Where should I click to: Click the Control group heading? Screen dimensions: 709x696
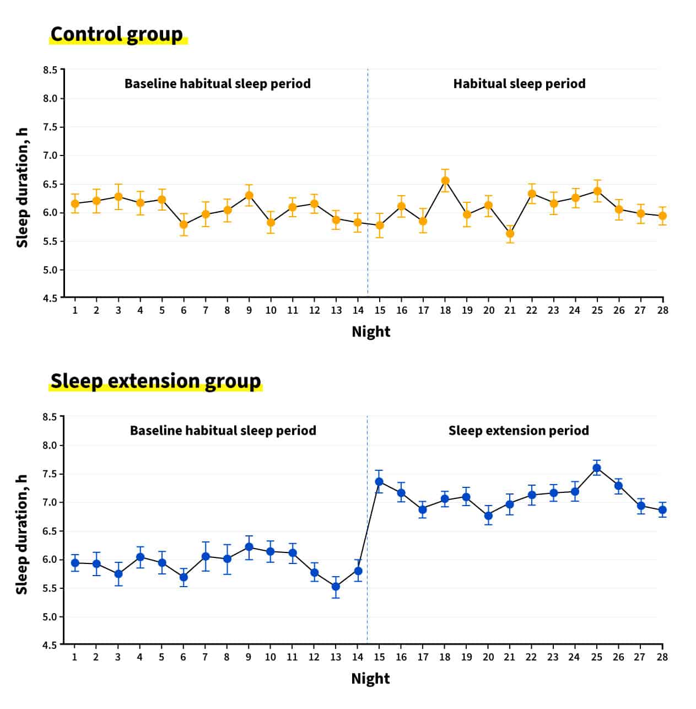pos(116,34)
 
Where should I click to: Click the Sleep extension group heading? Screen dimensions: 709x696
pos(155,381)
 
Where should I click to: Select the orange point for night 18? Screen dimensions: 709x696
pos(445,181)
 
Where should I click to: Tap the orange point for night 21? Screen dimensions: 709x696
pos(510,234)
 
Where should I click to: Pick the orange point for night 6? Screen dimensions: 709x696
pos(184,224)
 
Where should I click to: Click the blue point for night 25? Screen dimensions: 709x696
pos(596,468)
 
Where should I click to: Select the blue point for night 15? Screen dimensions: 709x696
pos(379,481)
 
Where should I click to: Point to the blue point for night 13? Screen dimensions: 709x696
pos(336,586)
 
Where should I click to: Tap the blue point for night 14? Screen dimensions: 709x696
pos(358,571)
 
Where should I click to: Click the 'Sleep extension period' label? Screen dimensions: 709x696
pos(519,431)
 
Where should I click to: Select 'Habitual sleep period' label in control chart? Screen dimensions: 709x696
pos(519,84)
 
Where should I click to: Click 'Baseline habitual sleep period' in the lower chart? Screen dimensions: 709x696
pos(223,431)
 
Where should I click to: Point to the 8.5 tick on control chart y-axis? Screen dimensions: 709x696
pos(50,70)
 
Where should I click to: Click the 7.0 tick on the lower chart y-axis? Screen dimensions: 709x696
pos(50,502)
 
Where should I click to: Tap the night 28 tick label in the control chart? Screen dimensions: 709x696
pos(662,310)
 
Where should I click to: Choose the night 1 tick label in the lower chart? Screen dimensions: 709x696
pos(74,657)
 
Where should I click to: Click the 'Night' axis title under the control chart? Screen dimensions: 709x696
pos(371,332)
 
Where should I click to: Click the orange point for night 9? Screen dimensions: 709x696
pos(249,195)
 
